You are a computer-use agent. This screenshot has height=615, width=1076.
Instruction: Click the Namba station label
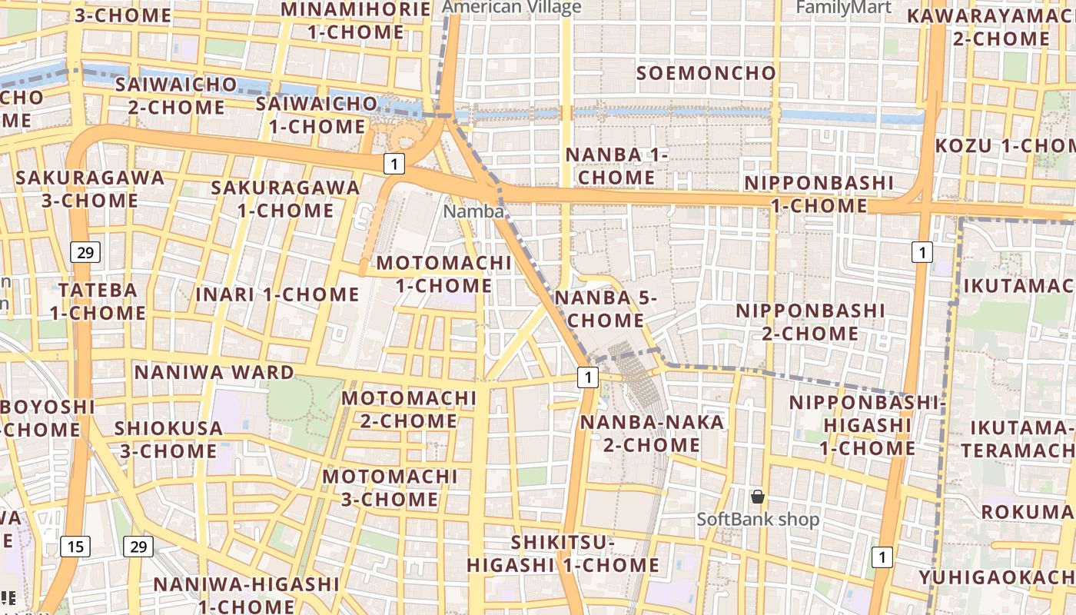[473, 211]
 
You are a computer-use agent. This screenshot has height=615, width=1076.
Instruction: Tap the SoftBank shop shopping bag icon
[758, 497]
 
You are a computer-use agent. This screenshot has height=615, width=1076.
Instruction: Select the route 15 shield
[75, 547]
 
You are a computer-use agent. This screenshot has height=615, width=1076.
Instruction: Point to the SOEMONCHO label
[706, 73]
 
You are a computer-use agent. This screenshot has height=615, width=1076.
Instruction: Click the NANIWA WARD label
[214, 373]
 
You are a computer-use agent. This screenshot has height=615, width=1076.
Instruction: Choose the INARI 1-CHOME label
[277, 294]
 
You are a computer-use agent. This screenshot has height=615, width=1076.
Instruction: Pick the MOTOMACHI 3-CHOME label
[390, 488]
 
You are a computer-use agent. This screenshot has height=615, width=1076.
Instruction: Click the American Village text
[513, 8]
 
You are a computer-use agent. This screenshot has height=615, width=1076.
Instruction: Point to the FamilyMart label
[843, 8]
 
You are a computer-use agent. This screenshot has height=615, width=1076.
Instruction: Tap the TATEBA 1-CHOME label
[98, 301]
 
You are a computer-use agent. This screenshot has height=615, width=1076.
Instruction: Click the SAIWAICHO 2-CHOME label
[176, 95]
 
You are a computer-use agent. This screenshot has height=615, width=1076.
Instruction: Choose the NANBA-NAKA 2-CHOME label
[640, 434]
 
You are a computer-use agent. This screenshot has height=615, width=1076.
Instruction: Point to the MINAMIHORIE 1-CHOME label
[356, 21]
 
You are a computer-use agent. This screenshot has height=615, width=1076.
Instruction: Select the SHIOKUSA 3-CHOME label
[168, 440]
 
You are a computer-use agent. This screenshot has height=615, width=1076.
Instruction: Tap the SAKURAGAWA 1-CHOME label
[286, 198]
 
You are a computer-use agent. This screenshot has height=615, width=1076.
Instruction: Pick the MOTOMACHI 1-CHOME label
[443, 274]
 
